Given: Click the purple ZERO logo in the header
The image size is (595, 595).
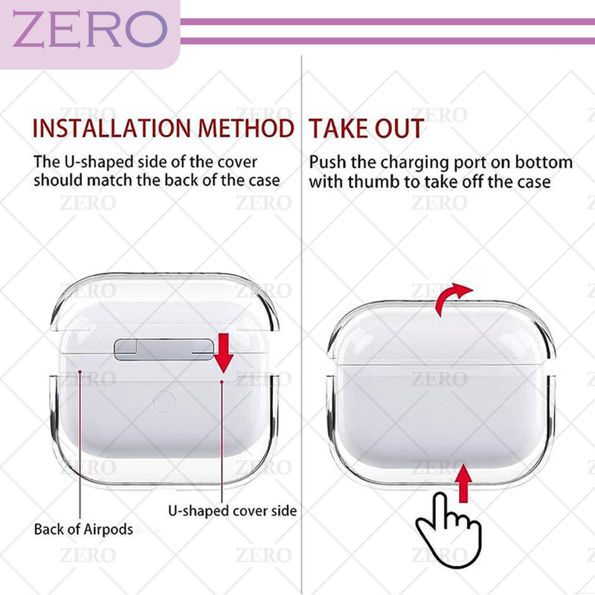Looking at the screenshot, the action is (x=90, y=29).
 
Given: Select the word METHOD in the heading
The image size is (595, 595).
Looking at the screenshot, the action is (x=246, y=128).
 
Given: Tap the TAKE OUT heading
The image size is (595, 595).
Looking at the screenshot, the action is (x=366, y=128).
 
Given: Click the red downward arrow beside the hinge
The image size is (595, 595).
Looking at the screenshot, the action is (x=224, y=353).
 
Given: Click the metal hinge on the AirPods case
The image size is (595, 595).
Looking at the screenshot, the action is (x=164, y=349).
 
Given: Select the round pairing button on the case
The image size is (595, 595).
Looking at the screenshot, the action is (x=164, y=402).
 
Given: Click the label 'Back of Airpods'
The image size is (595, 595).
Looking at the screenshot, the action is (x=83, y=529).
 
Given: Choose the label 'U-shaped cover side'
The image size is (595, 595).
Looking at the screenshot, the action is (x=233, y=511).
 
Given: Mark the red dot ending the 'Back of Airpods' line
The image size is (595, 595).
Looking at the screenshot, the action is (x=80, y=371).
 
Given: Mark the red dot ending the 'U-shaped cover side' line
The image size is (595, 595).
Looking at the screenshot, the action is (x=222, y=382).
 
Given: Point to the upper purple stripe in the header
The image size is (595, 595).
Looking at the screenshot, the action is (x=387, y=22).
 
